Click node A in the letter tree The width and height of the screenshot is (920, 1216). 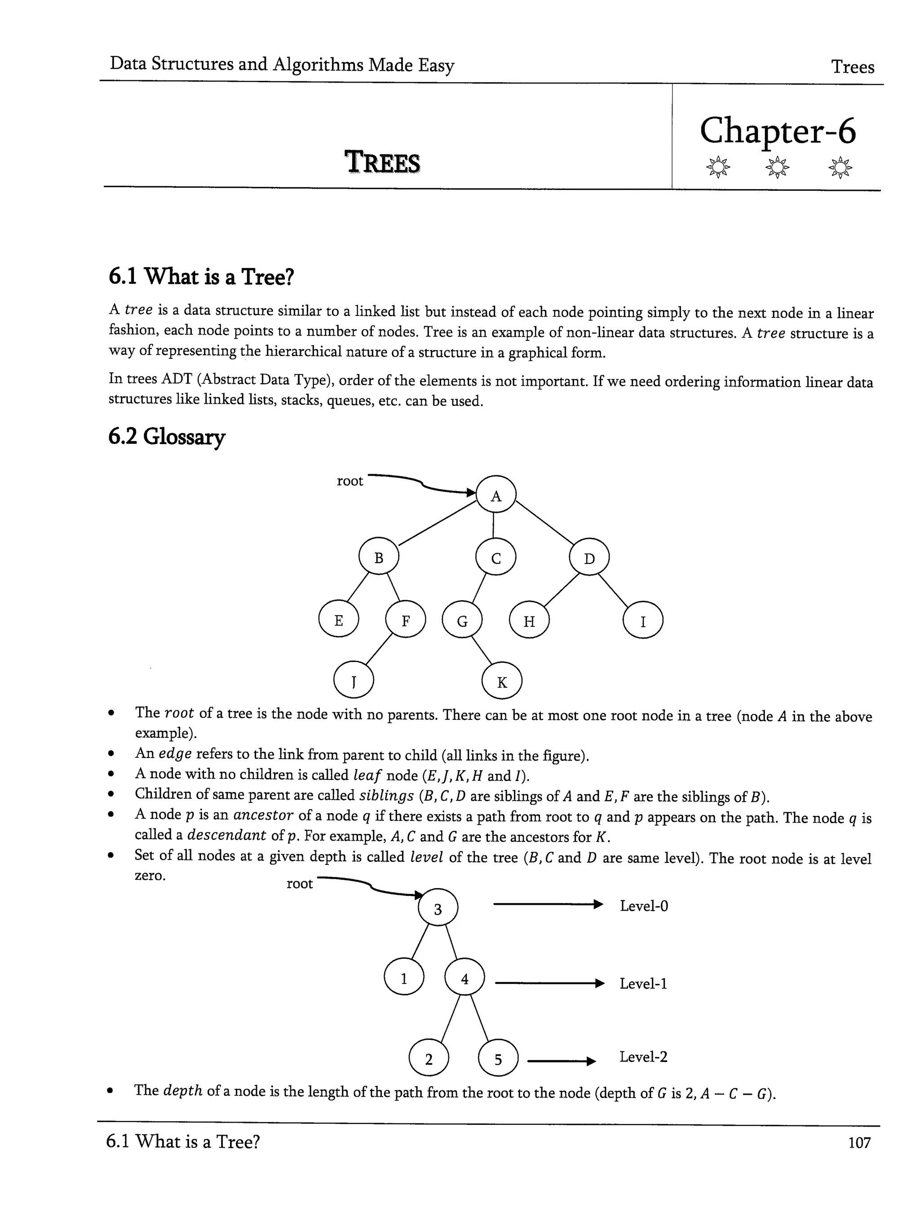tap(495, 495)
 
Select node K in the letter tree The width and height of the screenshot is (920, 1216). tap(501, 682)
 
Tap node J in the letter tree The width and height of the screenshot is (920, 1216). tap(354, 681)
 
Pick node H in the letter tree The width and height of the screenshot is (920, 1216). tap(529, 621)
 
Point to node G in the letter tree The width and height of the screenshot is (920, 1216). tap(462, 621)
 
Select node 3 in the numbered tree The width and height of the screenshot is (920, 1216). tap(438, 909)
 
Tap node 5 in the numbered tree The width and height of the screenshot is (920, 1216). tap(498, 1059)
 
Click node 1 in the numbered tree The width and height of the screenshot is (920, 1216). tap(404, 978)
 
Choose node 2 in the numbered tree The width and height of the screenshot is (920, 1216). tap(429, 1059)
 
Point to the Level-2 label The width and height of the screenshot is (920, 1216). tap(643, 1057)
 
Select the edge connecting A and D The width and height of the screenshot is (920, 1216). tap(543, 522)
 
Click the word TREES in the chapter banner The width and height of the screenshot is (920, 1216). tap(382, 163)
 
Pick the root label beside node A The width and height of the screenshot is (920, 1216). tap(350, 481)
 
